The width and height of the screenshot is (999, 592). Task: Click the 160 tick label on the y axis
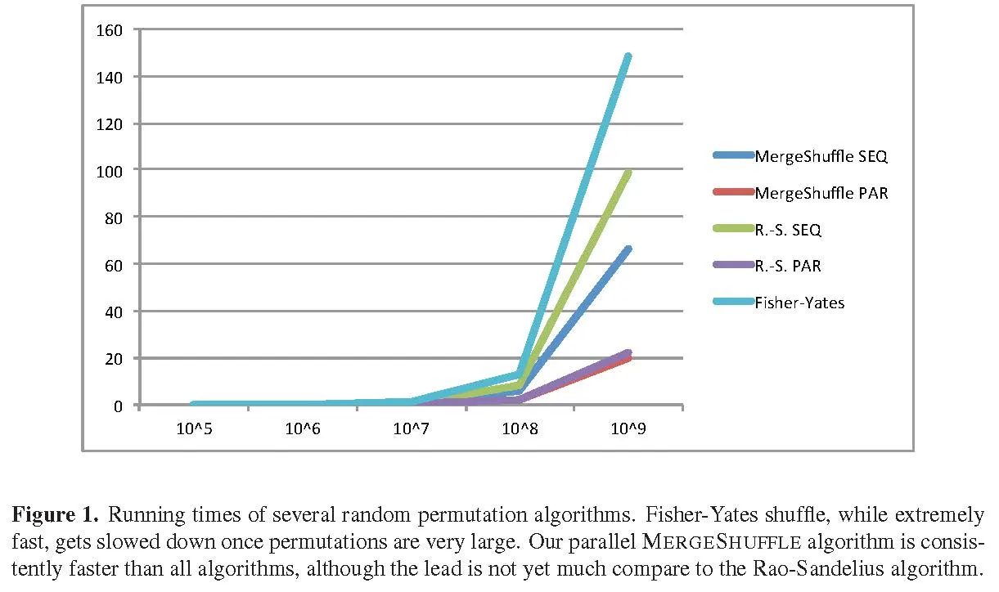pyautogui.click(x=110, y=29)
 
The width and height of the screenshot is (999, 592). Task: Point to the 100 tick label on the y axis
pyautogui.click(x=110, y=169)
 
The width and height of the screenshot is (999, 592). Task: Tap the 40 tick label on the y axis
pyautogui.click(x=114, y=312)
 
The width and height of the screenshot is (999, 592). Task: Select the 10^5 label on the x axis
pyautogui.click(x=194, y=428)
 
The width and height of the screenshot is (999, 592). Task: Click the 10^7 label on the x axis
pyautogui.click(x=411, y=428)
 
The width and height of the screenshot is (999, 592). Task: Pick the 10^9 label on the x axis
pyautogui.click(x=628, y=428)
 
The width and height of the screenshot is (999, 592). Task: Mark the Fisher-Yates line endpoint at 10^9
pyautogui.click(x=628, y=56)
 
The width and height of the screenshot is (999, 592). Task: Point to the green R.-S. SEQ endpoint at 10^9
pyautogui.click(x=628, y=173)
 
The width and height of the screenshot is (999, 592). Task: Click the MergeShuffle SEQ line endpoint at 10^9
pyautogui.click(x=628, y=249)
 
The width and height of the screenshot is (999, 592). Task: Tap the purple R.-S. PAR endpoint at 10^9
pyautogui.click(x=628, y=353)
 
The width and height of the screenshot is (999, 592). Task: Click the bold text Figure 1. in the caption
pyautogui.click(x=55, y=516)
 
